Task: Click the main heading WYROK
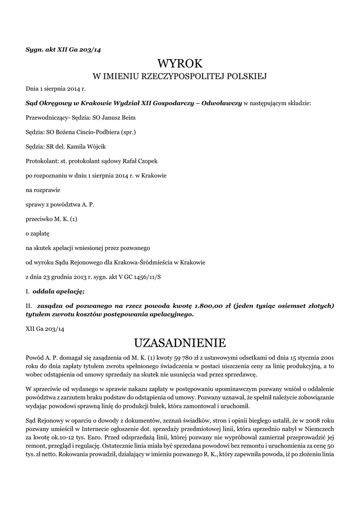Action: (180, 63)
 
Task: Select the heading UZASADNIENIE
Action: (180, 343)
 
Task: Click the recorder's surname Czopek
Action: (146, 162)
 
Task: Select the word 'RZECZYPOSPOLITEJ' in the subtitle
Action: (185, 76)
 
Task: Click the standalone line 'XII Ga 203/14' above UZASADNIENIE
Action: (45, 328)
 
